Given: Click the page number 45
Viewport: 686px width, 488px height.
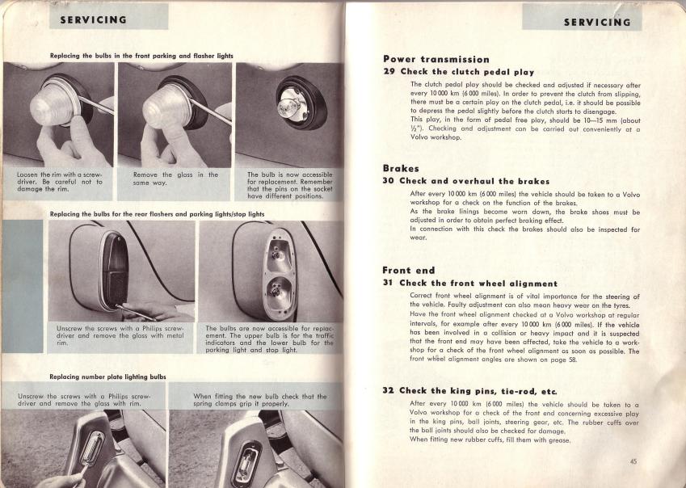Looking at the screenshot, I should [x=633, y=461].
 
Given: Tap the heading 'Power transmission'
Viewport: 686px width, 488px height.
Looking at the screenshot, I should [x=436, y=59].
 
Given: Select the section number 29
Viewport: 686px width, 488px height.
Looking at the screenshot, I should [x=389, y=72].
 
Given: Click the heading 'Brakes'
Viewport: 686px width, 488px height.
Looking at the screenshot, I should [x=401, y=169].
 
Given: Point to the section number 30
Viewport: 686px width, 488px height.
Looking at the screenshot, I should [x=389, y=181].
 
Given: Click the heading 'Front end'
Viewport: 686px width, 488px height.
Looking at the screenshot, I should [x=409, y=270].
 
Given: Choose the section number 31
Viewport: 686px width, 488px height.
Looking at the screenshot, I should [x=389, y=284].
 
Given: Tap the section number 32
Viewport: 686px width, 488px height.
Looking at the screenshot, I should [x=389, y=391].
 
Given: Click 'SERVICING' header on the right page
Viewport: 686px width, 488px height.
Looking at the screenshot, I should [x=597, y=22].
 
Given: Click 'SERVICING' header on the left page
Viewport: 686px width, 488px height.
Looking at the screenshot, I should [x=93, y=19].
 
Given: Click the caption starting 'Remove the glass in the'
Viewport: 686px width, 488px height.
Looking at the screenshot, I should [x=175, y=178].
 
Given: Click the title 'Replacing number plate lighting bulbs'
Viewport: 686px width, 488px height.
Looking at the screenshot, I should [x=107, y=377].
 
